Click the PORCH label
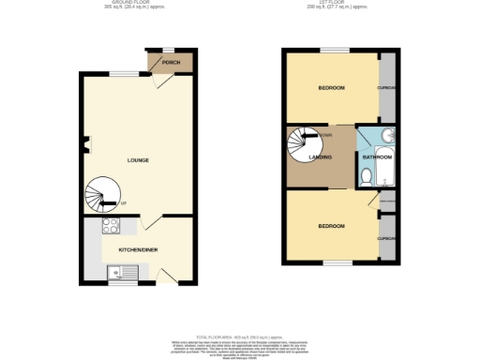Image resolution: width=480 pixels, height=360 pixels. pyautogui.click(x=171, y=64)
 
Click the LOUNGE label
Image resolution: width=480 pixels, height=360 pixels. pyautogui.click(x=138, y=160)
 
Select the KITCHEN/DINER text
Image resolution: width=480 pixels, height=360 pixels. pyautogui.click(x=138, y=251)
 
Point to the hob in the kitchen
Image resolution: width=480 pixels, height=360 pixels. pyautogui.click(x=110, y=225)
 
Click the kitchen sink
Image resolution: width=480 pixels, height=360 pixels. pyautogui.click(x=122, y=273)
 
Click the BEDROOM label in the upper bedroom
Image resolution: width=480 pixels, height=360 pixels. pyautogui.click(x=331, y=88)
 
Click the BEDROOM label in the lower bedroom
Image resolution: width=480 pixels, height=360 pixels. pyautogui.click(x=331, y=226)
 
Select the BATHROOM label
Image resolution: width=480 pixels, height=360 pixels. pyautogui.click(x=377, y=157)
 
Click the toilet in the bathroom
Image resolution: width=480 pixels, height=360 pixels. pyautogui.click(x=366, y=175)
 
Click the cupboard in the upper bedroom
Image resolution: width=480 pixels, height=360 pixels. pyautogui.click(x=387, y=88)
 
